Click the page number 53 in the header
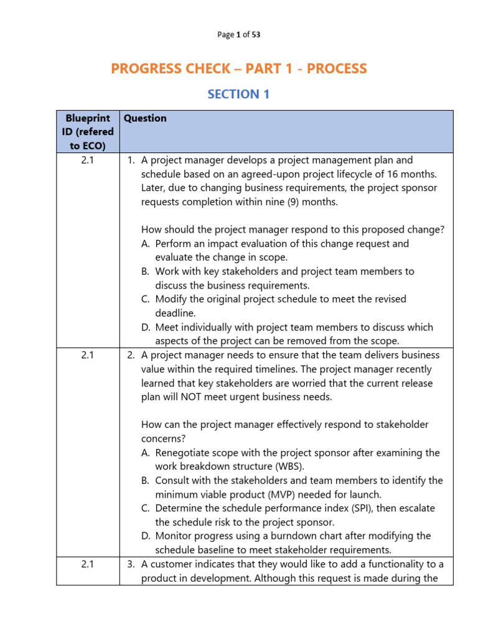[256, 35]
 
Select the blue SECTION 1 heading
[233, 94]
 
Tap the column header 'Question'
[145, 118]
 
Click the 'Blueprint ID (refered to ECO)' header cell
[88, 132]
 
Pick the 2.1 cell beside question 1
[88, 160]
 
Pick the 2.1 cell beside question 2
[88, 355]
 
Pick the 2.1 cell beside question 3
[88, 564]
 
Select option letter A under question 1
[146, 244]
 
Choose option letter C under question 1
[146, 299]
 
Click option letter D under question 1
[146, 327]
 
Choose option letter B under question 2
[146, 480]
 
